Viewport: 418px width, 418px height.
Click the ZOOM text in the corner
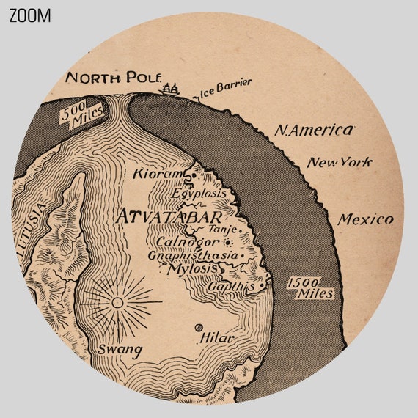30,15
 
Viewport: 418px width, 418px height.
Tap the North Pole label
111,78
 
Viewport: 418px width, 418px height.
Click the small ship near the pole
172,89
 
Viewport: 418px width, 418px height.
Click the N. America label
314,131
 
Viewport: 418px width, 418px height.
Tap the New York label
339,162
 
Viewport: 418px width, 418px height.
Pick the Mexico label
365,219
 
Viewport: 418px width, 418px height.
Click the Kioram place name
156,175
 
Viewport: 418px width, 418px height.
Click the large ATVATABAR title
168,218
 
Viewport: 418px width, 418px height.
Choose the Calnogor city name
188,241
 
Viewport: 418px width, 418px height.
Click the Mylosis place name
193,268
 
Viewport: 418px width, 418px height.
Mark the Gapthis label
230,287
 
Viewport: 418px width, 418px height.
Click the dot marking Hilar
198,328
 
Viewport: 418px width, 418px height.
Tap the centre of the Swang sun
117,301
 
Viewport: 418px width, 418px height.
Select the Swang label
120,350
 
